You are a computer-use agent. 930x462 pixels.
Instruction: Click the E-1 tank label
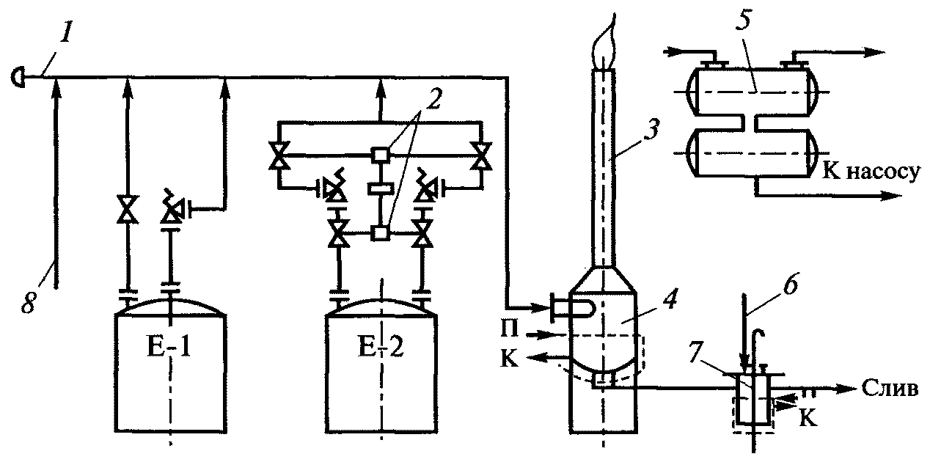(170, 348)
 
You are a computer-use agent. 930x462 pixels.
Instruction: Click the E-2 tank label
(381, 348)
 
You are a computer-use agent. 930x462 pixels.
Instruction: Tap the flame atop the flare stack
(604, 45)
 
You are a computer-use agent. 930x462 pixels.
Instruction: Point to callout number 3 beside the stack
(651, 130)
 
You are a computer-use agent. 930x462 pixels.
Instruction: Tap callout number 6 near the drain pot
(790, 285)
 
